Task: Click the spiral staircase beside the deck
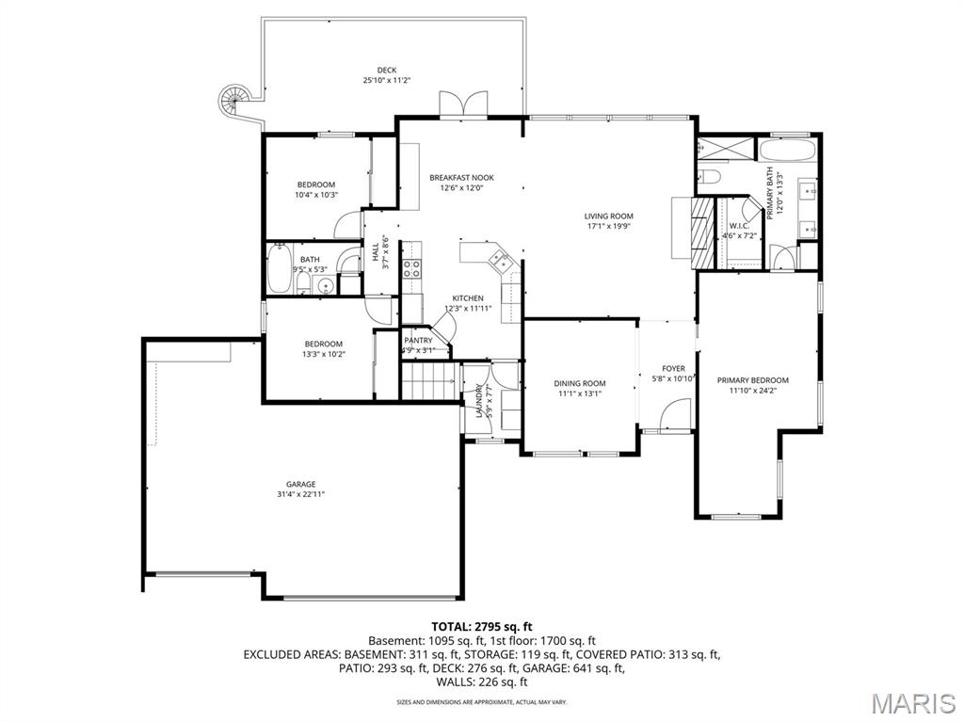coord(233,98)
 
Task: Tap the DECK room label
coord(387,70)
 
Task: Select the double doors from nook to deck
coord(462,104)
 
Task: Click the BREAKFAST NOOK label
coord(461,177)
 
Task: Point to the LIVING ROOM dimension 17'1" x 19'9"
coord(609,226)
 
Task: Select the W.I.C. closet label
coord(739,226)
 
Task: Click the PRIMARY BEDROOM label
coord(753,380)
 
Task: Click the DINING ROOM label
coord(580,383)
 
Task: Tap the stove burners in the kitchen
coord(411,273)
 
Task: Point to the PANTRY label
coord(418,340)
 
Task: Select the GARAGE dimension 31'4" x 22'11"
coord(301,494)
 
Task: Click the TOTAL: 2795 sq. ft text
coord(482,626)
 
